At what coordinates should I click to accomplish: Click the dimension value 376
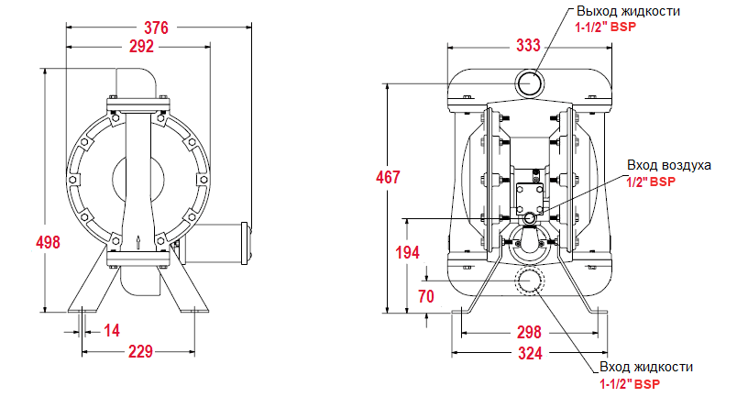[157, 28]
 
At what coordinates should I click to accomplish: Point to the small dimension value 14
[112, 330]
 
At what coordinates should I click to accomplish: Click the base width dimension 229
[138, 350]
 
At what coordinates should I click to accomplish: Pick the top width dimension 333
[528, 45]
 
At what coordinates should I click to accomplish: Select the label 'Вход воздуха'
[669, 165]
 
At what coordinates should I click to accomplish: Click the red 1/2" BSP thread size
[651, 182]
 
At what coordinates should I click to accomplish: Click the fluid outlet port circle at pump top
[529, 83]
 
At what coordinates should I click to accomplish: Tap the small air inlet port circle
[529, 219]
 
